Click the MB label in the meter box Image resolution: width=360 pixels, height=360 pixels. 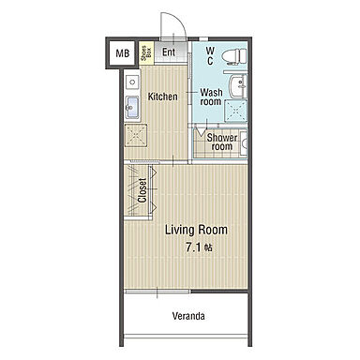click(123, 53)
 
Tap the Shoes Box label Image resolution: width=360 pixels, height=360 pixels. click(146, 53)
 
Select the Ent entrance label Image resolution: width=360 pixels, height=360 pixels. click(169, 52)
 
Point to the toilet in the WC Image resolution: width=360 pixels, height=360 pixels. click(234, 56)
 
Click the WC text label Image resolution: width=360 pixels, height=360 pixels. click(210, 55)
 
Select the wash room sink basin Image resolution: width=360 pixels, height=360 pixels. click(239, 85)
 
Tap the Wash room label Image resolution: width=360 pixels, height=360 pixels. click(211, 97)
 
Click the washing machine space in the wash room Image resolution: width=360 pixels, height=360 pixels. click(236, 111)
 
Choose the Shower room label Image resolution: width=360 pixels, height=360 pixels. click(222, 142)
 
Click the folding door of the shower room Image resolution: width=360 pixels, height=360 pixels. click(199, 130)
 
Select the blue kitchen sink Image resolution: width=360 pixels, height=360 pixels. click(132, 108)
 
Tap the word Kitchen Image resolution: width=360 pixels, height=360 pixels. click(162, 97)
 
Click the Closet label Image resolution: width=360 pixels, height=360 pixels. click(142, 190)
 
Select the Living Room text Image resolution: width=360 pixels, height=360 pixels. click(196, 230)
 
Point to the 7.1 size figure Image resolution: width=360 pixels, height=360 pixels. click(194, 247)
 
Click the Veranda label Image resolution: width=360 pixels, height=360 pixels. click(188, 316)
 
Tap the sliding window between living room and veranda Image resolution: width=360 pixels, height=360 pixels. click(157, 292)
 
